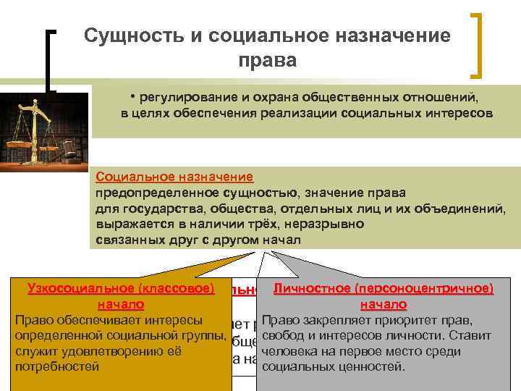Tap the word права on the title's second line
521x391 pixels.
click(266, 60)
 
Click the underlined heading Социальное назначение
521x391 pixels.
click(174, 177)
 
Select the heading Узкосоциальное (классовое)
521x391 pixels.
click(121, 288)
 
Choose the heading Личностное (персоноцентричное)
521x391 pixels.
click(383, 288)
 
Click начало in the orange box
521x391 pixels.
click(121, 304)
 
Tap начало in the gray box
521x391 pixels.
click(383, 304)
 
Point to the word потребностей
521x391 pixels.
click(56, 366)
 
